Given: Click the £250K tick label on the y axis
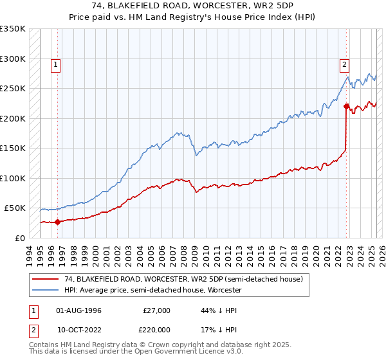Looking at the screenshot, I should [13, 88].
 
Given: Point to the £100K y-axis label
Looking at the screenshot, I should [13, 178].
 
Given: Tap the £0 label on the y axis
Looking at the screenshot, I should [20, 238].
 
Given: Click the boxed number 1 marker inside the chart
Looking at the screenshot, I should [56, 64].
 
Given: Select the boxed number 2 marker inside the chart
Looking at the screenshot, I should [345, 64].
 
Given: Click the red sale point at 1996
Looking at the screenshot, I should [57, 222].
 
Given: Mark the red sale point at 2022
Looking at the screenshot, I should [346, 107].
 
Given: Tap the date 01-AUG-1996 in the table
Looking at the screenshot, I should [78, 310].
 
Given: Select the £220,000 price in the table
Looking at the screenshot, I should [156, 329].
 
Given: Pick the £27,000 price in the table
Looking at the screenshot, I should [156, 310].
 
